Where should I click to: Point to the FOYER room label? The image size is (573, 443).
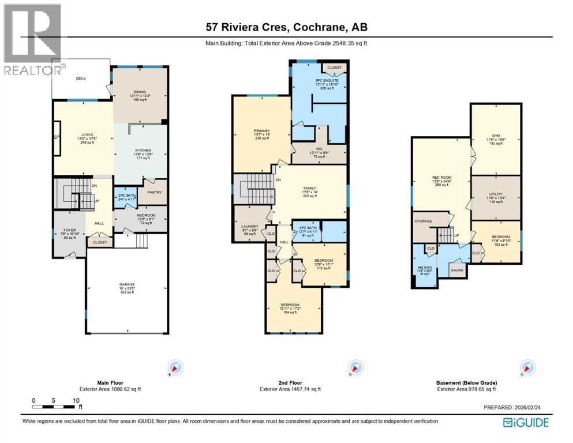coord(69,230)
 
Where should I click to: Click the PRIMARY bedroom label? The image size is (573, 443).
coord(261,131)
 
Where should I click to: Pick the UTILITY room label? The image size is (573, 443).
coord(495,194)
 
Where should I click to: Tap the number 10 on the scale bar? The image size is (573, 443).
coord(76,400)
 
